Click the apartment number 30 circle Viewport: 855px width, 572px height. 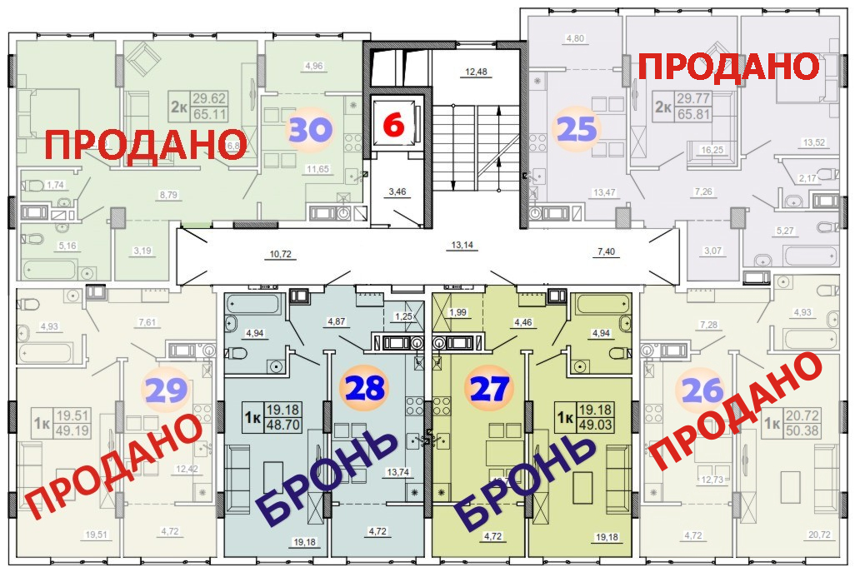(310, 130)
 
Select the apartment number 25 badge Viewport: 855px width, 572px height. (577, 129)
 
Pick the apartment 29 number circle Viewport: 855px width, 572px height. (165, 389)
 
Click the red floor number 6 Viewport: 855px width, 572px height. (393, 126)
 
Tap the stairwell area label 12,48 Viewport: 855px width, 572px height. (475, 72)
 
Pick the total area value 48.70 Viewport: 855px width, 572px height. (284, 423)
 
